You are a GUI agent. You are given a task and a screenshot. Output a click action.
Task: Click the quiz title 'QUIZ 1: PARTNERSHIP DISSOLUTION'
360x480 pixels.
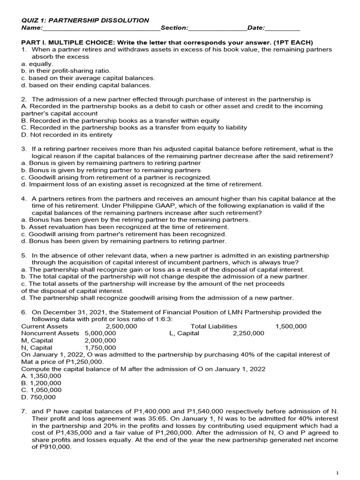pyautogui.click(x=85, y=20)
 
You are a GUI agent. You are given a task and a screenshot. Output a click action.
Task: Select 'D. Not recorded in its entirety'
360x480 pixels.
pyautogui.click(x=67, y=135)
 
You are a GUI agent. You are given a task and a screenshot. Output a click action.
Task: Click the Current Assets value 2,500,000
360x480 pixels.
pyautogui.click(x=121, y=326)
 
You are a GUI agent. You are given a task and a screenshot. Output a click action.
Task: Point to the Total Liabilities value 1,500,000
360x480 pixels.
pyautogui.click(x=291, y=326)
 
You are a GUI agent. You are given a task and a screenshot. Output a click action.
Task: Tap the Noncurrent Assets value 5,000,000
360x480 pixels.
pyautogui.click(x=100, y=333)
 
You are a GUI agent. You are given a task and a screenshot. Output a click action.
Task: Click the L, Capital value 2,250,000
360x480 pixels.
pyautogui.click(x=248, y=333)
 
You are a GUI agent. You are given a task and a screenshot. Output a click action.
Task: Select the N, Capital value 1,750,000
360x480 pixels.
pyautogui.click(x=100, y=347)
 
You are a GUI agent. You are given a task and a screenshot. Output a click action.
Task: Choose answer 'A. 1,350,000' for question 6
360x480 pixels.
pyautogui.click(x=41, y=376)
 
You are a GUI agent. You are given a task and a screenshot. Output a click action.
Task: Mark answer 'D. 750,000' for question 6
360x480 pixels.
pyautogui.click(x=38, y=397)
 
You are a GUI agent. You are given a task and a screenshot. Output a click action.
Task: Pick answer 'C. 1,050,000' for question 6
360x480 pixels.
pyautogui.click(x=41, y=390)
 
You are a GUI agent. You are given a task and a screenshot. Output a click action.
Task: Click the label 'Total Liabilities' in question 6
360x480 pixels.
pyautogui.click(x=214, y=326)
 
